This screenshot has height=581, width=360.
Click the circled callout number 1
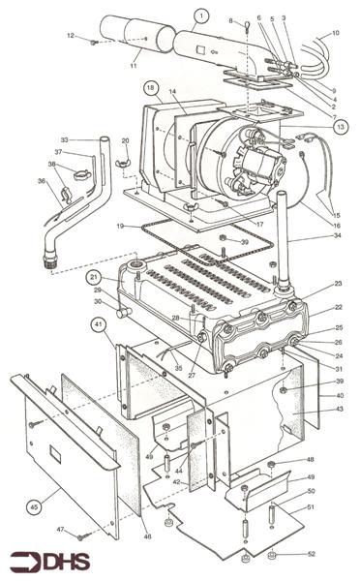tap(200, 15)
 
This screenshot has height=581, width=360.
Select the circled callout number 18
tap(152, 87)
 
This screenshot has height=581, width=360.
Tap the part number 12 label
tap(70, 37)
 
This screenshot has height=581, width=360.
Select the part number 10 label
tap(335, 33)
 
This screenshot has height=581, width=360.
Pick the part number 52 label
tap(311, 553)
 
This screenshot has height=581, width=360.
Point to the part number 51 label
tap(311, 506)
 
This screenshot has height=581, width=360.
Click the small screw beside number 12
tap(92, 42)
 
